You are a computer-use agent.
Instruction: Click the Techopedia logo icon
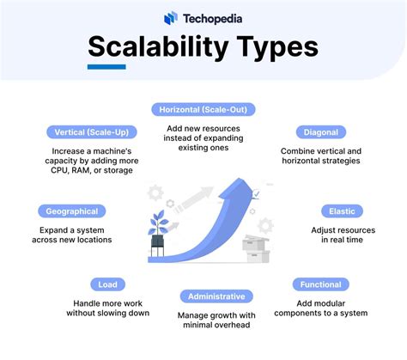tap(171, 17)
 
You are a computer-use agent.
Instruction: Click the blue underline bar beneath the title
tap(106, 67)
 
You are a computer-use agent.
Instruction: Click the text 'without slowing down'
tap(108, 314)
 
